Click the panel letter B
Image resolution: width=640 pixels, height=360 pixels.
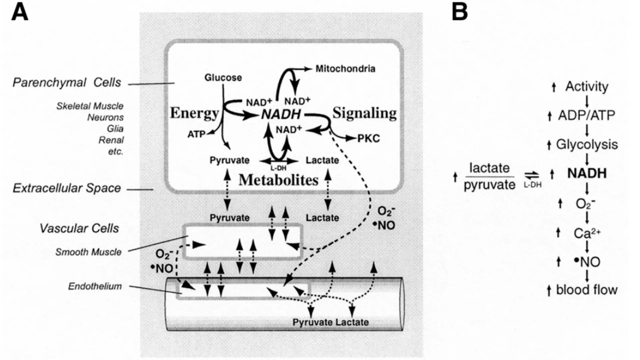coord(460,13)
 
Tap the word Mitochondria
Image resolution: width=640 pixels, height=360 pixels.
coord(345,69)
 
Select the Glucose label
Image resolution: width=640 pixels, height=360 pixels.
coord(223,78)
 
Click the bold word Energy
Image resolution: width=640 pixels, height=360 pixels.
coord(194,113)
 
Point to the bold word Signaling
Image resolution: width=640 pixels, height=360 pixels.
coord(365,113)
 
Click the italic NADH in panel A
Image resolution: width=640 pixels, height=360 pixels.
coord(281,114)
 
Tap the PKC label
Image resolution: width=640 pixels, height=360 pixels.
coord(369,139)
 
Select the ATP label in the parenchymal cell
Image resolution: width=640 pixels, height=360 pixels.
coord(196,134)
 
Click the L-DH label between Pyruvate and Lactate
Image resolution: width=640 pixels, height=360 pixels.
coord(278,168)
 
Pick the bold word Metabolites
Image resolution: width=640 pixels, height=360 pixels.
coord(279,180)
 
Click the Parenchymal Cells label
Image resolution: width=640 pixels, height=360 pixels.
coord(67,83)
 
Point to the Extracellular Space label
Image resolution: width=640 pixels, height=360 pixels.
coord(67,188)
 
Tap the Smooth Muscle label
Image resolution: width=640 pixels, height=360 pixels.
coord(88,252)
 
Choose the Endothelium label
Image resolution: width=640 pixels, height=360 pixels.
coord(95,286)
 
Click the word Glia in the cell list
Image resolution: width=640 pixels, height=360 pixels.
coord(115,129)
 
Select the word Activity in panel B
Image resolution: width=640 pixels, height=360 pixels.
coord(587,87)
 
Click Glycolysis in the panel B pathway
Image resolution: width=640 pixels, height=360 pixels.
coord(587,145)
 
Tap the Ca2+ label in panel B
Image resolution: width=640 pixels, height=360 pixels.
coord(587,233)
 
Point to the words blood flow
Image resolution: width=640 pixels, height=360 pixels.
coord(587,290)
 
